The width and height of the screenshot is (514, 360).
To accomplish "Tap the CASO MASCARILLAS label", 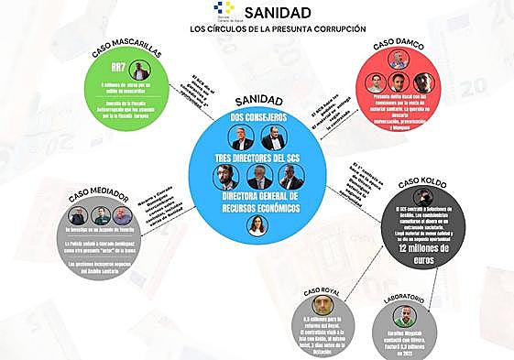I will (126, 54).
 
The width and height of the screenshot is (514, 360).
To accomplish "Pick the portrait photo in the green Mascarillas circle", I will (138, 71).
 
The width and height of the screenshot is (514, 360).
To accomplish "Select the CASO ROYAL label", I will (323, 290).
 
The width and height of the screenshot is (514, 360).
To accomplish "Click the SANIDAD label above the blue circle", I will (257, 99).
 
